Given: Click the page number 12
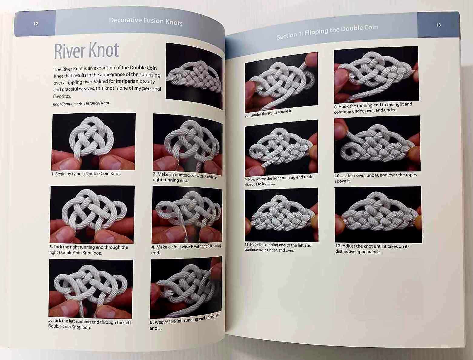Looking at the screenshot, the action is (x=36, y=24).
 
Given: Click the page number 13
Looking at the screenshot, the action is (x=438, y=25).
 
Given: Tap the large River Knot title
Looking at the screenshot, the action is (x=86, y=51).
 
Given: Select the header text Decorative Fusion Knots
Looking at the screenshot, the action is (x=146, y=21).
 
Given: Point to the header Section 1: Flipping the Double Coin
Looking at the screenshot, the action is (x=327, y=32).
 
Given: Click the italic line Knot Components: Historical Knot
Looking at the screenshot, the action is (x=81, y=103).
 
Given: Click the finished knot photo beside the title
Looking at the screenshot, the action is (x=194, y=76).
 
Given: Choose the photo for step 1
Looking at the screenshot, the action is (x=94, y=142).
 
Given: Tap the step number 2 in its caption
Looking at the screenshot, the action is (x=154, y=174).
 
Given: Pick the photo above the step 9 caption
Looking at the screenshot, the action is (x=281, y=148).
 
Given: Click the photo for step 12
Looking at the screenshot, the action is (x=378, y=215).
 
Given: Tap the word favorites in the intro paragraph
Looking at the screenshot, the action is (x=62, y=96).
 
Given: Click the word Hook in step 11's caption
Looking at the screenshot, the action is (x=254, y=245).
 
